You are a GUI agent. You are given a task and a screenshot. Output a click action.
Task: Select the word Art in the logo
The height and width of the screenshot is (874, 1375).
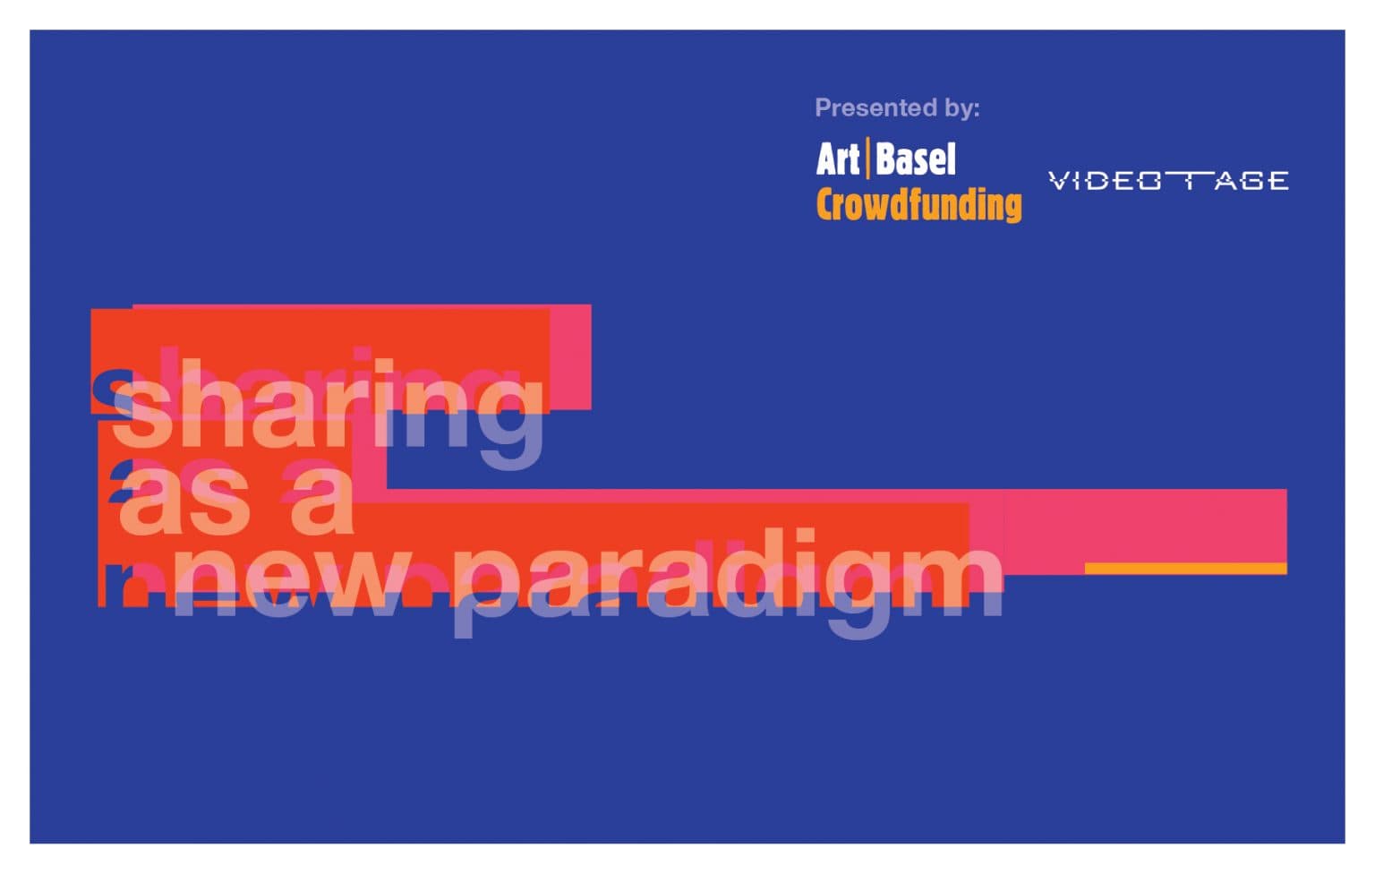(838, 159)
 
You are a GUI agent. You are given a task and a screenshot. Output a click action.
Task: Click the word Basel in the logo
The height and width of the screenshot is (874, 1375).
(917, 159)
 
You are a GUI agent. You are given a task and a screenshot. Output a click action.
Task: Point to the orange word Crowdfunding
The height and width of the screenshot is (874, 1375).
(918, 205)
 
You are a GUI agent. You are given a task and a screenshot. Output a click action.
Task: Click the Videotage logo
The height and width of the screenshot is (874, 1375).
(1168, 181)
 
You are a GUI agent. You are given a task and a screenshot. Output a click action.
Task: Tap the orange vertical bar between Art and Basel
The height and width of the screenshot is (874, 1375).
(868, 159)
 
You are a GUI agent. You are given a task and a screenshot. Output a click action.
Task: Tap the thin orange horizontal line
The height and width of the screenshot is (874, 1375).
(1185, 569)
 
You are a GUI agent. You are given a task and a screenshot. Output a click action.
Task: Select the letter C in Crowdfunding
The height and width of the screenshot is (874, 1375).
(827, 205)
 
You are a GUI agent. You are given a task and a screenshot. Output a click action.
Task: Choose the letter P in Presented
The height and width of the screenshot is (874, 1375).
(822, 108)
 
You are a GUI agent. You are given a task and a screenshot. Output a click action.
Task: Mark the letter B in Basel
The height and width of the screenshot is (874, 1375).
(888, 159)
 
